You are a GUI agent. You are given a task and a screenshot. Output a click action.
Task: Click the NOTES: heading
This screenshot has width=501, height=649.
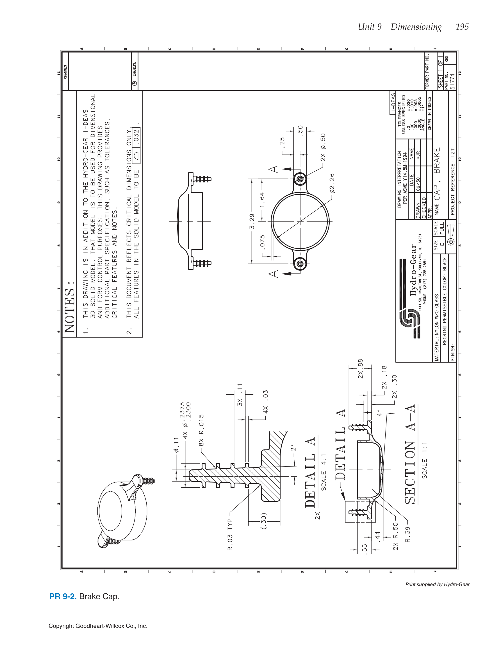(x=69, y=307)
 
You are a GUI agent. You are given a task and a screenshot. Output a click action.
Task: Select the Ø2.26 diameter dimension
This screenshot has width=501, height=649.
(x=332, y=183)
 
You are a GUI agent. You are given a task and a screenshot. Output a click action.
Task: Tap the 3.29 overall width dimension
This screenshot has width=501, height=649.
(x=252, y=221)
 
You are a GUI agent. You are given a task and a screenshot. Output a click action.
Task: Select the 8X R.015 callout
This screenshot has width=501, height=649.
(x=201, y=430)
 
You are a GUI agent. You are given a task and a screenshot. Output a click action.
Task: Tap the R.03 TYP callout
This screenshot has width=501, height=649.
(x=230, y=535)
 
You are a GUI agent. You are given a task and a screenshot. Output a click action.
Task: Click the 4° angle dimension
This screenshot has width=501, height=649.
(x=379, y=413)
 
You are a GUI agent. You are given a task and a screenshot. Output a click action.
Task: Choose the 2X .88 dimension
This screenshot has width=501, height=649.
(x=360, y=369)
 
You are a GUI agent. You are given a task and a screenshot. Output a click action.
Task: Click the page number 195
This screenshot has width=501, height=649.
(x=462, y=27)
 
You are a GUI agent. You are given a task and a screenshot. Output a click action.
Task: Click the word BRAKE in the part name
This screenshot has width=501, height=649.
(x=437, y=160)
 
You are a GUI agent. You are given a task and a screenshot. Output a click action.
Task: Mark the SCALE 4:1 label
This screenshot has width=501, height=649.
(x=324, y=472)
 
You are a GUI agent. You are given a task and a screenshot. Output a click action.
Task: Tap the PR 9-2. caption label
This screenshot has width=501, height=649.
(x=63, y=596)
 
